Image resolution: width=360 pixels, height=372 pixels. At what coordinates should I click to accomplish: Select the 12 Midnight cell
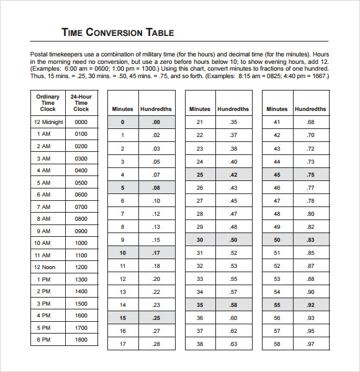tap(48, 122)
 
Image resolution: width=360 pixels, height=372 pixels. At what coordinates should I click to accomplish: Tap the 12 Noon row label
tap(45, 267)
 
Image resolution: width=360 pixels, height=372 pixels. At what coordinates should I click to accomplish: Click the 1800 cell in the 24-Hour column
tap(81, 340)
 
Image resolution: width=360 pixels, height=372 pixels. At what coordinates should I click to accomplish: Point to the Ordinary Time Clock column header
tap(48, 103)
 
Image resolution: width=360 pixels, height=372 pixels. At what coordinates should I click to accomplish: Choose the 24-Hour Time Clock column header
tap(81, 103)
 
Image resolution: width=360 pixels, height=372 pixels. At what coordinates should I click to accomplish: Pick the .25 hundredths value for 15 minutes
tap(156, 319)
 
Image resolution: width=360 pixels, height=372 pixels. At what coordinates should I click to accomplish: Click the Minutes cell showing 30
tap(200, 239)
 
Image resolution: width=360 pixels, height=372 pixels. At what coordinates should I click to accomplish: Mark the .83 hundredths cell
tap(310, 239)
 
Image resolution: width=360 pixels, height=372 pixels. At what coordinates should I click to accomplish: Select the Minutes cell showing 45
tap(277, 175)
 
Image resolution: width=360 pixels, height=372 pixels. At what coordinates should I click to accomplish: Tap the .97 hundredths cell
tap(310, 343)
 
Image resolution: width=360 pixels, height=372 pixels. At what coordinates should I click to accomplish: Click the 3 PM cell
tap(43, 304)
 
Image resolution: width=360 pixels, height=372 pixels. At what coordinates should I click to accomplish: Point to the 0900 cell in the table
tap(81, 231)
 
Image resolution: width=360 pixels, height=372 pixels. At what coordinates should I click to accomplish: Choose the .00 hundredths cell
tap(156, 123)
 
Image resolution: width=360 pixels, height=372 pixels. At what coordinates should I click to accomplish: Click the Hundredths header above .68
tap(310, 109)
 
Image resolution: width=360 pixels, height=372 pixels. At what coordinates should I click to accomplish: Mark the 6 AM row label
tap(43, 195)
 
